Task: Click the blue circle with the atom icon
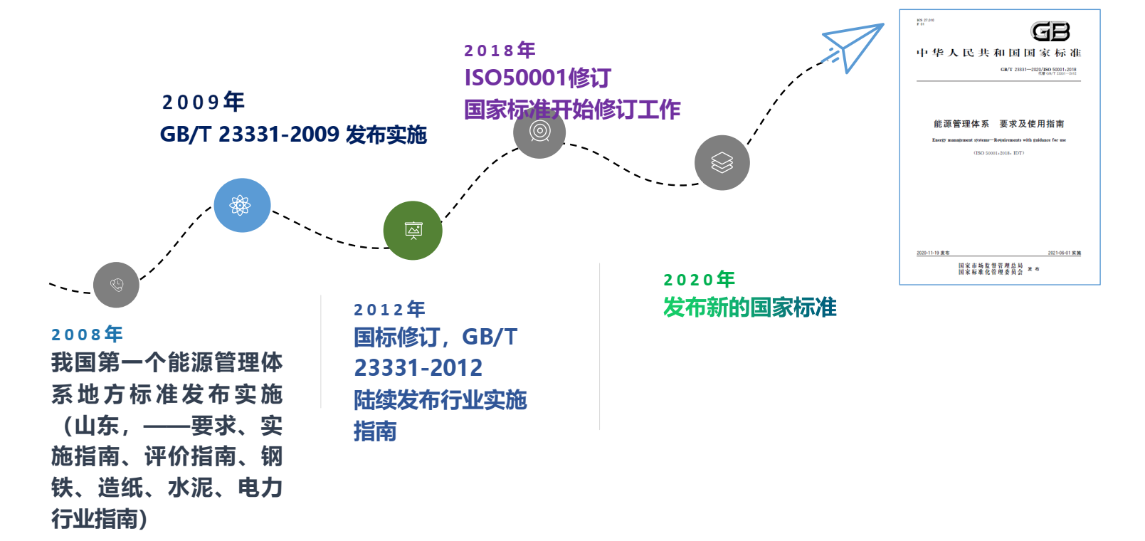242,205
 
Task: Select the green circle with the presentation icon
413,231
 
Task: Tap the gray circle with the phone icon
116,285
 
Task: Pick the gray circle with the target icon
539,131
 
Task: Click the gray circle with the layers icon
722,163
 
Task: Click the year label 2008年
87,334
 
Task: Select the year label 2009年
203,102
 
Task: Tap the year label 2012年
389,309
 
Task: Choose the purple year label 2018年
499,50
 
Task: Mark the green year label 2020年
699,279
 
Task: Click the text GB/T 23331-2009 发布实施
293,134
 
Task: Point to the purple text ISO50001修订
537,78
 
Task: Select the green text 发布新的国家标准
749,307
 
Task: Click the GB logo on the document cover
1050,31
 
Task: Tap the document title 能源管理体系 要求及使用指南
998,124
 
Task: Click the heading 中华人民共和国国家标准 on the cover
998,53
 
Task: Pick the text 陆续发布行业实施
440,399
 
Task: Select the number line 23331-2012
418,368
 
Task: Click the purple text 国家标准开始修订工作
572,109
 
